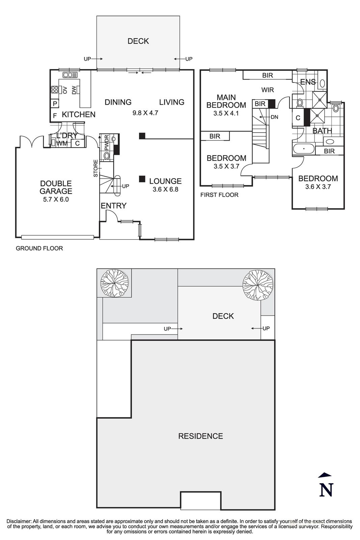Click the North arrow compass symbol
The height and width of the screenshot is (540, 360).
click(326, 485)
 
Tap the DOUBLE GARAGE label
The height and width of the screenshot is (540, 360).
click(56, 187)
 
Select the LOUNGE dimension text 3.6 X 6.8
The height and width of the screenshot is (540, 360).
click(165, 189)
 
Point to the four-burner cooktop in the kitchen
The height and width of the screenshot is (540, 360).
click(54, 89)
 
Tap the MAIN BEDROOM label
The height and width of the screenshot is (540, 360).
click(226, 101)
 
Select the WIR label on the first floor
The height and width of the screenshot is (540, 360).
click(268, 90)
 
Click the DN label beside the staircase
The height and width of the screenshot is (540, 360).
click(274, 117)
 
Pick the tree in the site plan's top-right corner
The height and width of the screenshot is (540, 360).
click(257, 285)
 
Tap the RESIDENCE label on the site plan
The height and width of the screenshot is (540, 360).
click(200, 436)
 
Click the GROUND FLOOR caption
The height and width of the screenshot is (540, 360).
click(39, 248)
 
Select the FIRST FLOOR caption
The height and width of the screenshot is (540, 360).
click(219, 195)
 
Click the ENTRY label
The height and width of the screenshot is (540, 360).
click(114, 206)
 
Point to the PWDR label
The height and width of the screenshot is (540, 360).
click(107, 142)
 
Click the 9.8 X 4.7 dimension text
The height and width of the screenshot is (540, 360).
click(145, 113)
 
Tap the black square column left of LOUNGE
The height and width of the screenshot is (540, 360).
click(142, 179)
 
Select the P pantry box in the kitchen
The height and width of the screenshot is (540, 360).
click(55, 104)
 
